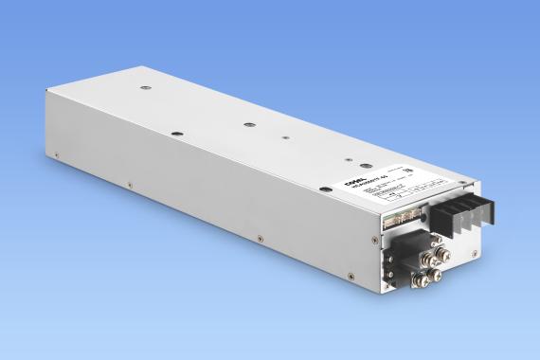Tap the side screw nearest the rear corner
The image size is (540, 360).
coord(58,154)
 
